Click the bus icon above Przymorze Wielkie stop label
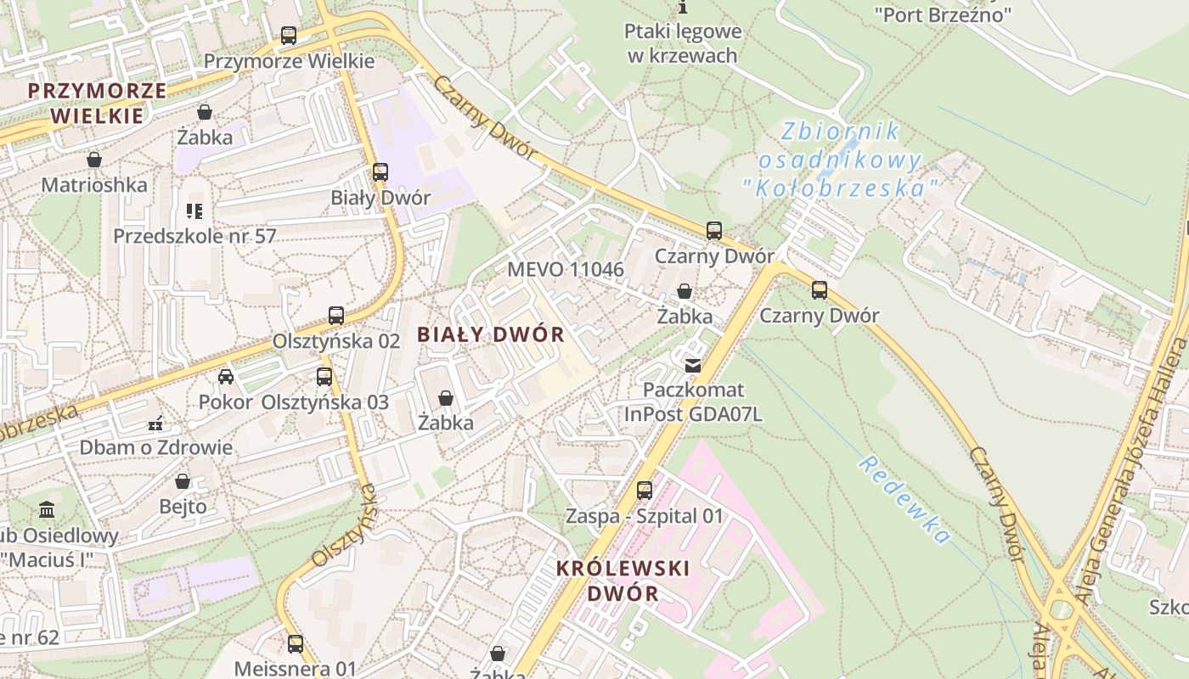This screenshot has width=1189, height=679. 289,36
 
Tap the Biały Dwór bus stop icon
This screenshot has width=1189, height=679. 380,172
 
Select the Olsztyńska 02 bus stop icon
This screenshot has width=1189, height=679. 336,316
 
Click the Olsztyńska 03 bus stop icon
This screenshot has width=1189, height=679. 324,377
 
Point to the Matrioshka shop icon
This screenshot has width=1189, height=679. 94,160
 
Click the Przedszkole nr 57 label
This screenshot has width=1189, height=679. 195,235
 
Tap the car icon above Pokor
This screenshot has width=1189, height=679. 225,377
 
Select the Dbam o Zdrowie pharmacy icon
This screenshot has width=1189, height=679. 155,423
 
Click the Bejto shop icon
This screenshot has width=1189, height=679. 183,482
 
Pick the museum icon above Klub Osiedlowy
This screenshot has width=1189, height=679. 47,510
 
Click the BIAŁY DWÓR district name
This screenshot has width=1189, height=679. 491,334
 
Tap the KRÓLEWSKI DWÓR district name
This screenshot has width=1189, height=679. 623,580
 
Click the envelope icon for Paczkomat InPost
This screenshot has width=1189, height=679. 693,366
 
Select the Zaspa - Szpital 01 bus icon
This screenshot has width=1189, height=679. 645,491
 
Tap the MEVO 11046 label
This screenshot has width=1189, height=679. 566,270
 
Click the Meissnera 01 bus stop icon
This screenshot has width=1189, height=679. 295,644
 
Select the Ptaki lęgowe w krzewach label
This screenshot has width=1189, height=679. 683,43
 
